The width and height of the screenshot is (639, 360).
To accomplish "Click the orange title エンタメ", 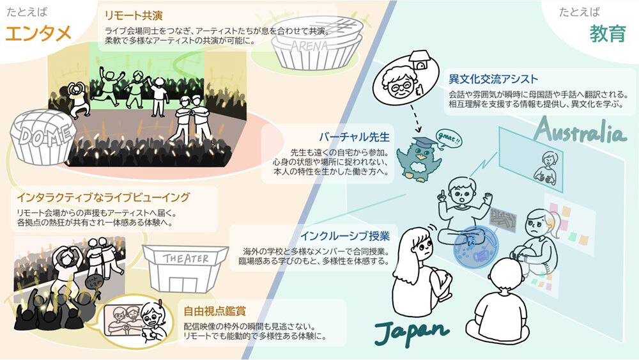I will coord(38,33).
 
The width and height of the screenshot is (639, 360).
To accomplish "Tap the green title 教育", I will coord(608,33).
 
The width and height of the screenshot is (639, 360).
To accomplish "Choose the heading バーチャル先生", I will coord(353,136).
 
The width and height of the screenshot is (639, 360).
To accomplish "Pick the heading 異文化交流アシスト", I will coord(494,79).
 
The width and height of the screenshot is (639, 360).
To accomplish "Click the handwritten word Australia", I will coord(580,132).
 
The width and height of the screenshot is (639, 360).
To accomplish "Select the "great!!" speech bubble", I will coord(449,137).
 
